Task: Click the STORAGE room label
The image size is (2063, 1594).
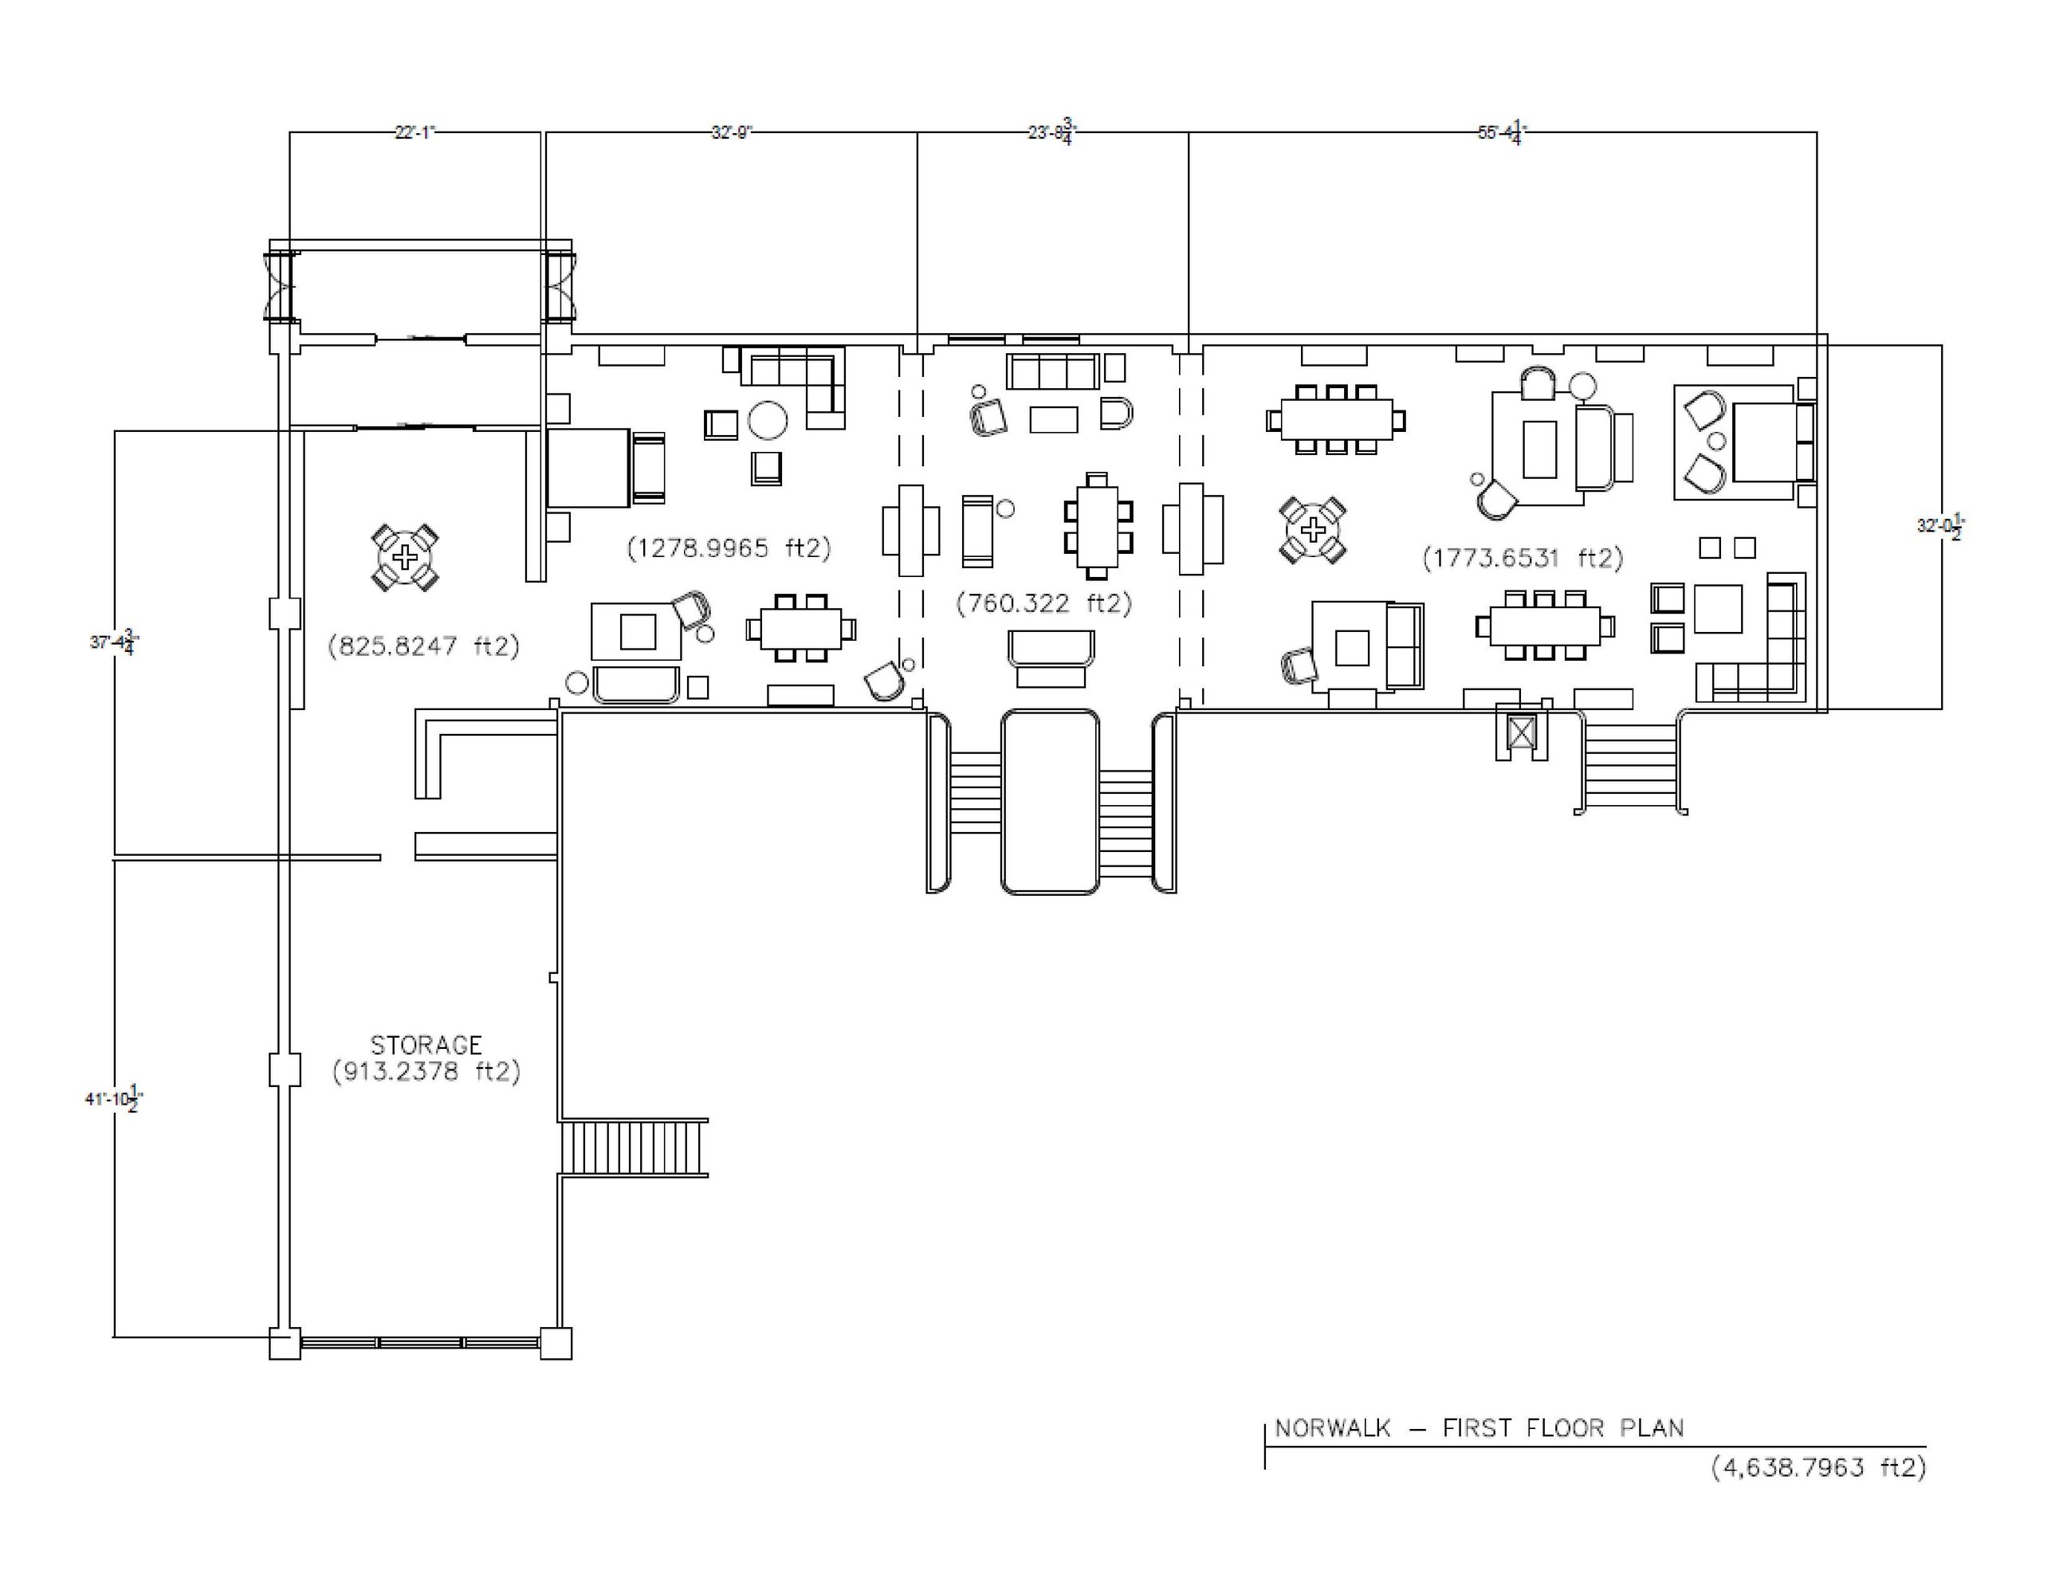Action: pyautogui.click(x=426, y=1046)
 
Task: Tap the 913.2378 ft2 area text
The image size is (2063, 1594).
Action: pyautogui.click(x=426, y=1072)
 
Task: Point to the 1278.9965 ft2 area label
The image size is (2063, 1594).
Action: pyautogui.click(x=729, y=548)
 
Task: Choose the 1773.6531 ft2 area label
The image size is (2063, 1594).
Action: pyautogui.click(x=1523, y=558)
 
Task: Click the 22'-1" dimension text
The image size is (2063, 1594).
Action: pyautogui.click(x=415, y=132)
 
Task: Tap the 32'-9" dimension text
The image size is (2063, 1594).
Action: pyautogui.click(x=731, y=132)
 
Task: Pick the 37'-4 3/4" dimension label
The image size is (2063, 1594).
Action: pyautogui.click(x=114, y=642)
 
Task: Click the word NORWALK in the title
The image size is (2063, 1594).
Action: pyautogui.click(x=1333, y=1427)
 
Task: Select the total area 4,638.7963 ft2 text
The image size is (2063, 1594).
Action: pyautogui.click(x=1818, y=1467)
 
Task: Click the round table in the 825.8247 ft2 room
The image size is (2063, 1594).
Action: pyautogui.click(x=405, y=558)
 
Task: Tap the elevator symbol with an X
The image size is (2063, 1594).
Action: pyautogui.click(x=1521, y=732)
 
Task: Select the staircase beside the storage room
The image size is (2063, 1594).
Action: pyautogui.click(x=634, y=1148)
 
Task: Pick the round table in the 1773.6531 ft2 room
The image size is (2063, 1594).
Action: pyautogui.click(x=1313, y=531)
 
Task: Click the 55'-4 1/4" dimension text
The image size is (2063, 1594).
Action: pyautogui.click(x=1502, y=132)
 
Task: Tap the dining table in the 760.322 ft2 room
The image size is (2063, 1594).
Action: pyautogui.click(x=1098, y=526)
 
